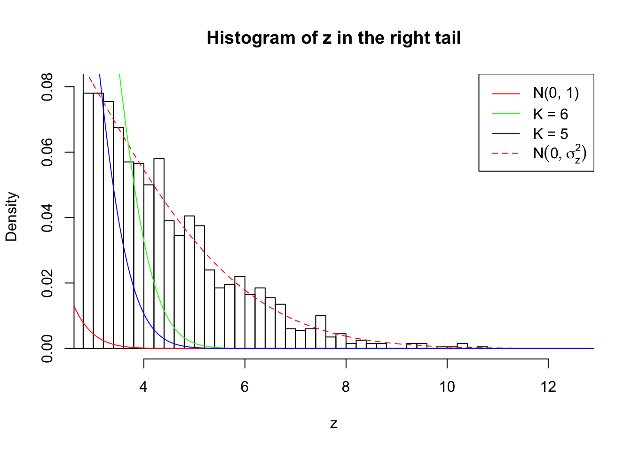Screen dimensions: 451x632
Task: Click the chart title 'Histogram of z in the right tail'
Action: click(x=333, y=38)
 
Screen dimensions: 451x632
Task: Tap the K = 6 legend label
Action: click(x=550, y=114)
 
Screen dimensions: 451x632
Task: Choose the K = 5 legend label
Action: click(x=550, y=134)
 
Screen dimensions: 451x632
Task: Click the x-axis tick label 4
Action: click(x=143, y=387)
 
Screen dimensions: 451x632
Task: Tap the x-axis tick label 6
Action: click(x=245, y=387)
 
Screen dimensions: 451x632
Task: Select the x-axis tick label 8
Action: click(x=346, y=387)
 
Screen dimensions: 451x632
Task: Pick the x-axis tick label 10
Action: click(x=447, y=387)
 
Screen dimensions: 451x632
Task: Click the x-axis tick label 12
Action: click(x=548, y=387)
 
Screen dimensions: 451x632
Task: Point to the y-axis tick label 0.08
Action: click(x=48, y=87)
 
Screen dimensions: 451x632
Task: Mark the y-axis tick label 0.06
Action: click(x=48, y=152)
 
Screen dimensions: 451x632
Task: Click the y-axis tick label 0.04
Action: click(x=48, y=218)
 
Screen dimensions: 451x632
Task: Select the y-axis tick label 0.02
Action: click(x=48, y=283)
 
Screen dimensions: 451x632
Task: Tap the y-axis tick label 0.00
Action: click(x=48, y=348)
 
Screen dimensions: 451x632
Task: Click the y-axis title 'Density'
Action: click(x=11, y=217)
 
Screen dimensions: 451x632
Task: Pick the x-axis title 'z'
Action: click(x=333, y=424)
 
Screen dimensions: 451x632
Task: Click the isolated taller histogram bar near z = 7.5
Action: click(x=321, y=332)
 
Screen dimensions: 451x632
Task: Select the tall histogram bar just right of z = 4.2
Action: click(x=159, y=254)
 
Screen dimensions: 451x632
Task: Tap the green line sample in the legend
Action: click(x=506, y=114)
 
